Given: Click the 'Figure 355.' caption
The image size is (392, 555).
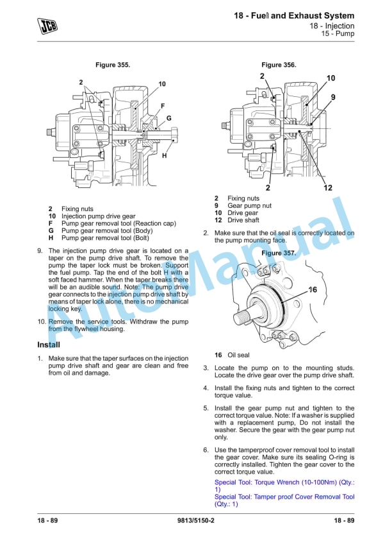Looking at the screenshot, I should (x=112, y=65).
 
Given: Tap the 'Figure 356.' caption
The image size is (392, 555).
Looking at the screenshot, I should (x=279, y=65).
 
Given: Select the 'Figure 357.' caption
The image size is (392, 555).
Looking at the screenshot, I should (x=279, y=253).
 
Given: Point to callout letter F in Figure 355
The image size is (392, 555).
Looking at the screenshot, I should (x=163, y=105).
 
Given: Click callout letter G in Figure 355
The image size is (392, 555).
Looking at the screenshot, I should (x=169, y=118).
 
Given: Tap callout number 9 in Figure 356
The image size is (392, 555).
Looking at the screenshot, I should (x=333, y=96).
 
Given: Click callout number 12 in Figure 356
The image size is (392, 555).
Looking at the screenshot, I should (x=328, y=188).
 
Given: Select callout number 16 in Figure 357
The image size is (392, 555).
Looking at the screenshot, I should (x=313, y=290).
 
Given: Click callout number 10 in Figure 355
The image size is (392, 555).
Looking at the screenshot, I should (x=162, y=84).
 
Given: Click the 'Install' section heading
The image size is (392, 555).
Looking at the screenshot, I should (x=49, y=345).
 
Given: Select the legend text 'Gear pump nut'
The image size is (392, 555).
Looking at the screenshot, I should (x=249, y=206).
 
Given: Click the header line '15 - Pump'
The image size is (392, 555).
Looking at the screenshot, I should (x=338, y=34).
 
